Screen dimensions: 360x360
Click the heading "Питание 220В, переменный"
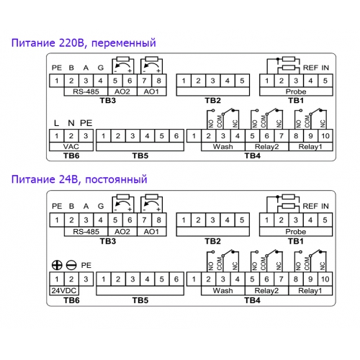84,43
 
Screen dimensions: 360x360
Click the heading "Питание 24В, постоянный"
79,179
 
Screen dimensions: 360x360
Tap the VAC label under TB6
71,147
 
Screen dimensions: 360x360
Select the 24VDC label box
64,291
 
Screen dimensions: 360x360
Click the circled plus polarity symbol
57,265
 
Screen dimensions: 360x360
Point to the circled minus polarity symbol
71,265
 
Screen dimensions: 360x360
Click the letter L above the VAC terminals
56,123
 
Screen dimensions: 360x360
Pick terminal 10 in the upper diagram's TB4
325,136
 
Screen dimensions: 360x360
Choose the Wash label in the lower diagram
222,291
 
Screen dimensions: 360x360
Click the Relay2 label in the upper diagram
266,147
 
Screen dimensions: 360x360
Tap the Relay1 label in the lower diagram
310,291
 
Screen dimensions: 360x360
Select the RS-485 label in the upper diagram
86,91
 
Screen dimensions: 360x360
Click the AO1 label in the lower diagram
151,232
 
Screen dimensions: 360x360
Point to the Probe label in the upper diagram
296,91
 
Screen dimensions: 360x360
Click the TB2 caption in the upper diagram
212,101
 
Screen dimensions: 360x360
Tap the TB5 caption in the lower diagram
140,300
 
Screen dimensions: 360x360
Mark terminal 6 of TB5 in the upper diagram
176,136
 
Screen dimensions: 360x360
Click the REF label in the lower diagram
310,206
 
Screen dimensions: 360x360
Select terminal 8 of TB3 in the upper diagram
158,81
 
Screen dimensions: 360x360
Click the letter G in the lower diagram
101,206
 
